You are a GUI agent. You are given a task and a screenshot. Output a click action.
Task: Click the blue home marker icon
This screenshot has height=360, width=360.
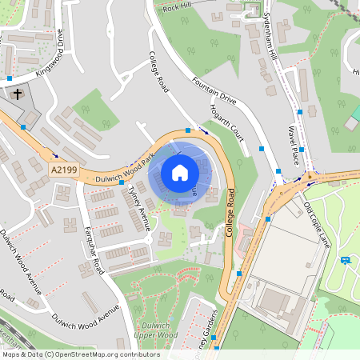click(x=180, y=172)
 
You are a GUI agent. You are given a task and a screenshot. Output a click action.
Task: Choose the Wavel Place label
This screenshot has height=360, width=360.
click(x=295, y=144)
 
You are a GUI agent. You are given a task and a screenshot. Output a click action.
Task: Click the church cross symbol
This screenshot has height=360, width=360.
click(x=17, y=94)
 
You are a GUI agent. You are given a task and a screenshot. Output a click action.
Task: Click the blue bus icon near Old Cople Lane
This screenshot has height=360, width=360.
click(x=346, y=260)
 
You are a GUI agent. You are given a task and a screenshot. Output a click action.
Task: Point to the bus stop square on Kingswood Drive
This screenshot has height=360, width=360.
click(x=9, y=78)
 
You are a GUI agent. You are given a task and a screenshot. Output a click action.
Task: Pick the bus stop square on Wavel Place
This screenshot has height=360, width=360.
click(x=300, y=113)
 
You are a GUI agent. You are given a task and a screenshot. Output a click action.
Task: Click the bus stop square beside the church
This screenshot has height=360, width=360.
click(x=23, y=126)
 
